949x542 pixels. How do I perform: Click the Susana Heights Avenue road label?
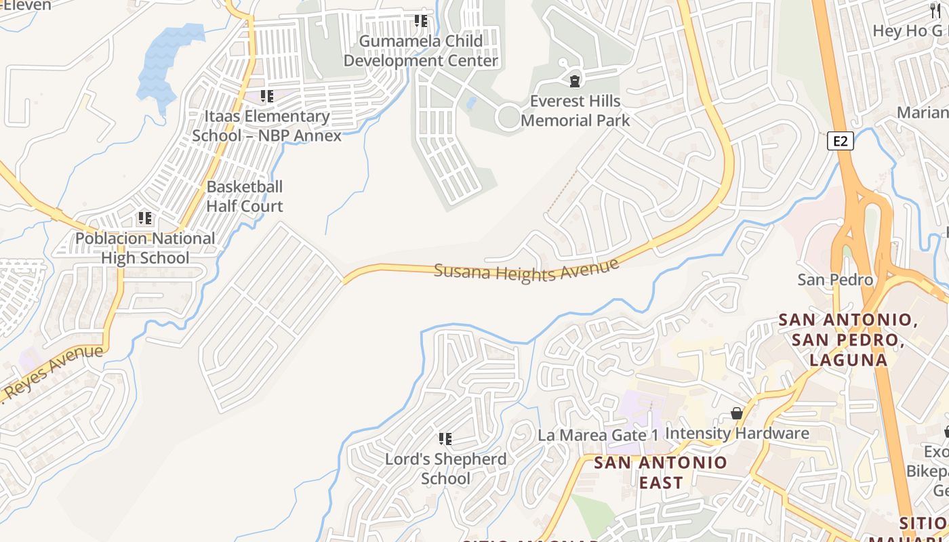527,271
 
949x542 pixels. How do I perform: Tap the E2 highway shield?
840,141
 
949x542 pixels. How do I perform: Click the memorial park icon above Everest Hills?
575,81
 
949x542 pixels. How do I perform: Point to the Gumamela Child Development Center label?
420,51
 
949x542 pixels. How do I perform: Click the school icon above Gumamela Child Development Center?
421,22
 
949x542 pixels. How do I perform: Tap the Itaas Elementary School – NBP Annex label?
267,125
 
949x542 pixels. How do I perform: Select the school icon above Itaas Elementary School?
267,96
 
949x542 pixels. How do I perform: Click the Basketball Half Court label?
244,196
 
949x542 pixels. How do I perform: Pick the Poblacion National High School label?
145,248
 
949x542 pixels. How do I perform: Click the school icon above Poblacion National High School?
144,218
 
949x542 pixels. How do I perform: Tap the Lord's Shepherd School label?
445,468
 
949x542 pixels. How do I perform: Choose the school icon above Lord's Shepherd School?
445,439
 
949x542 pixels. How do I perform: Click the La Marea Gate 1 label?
598,435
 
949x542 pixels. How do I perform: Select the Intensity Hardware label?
737,433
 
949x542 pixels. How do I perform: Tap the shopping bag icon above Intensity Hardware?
737,413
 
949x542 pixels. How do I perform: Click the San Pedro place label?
834,279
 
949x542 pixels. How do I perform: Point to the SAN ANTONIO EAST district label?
660,472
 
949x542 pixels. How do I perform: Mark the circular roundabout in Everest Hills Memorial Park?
508,117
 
